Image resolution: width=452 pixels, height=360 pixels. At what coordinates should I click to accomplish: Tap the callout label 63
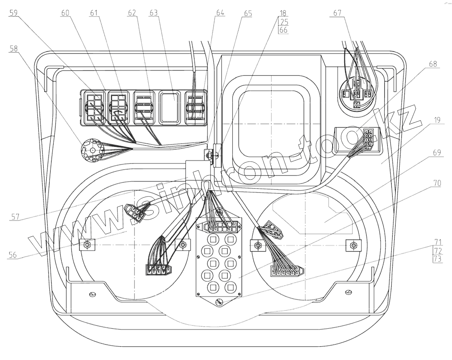(153, 12)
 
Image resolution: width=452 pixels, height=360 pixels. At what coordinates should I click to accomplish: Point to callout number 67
(337, 12)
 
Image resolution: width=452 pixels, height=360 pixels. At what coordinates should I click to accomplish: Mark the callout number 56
(12, 255)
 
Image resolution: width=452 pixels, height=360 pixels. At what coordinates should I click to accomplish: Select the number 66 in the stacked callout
(283, 31)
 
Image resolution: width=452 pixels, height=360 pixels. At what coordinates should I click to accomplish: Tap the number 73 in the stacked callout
(438, 259)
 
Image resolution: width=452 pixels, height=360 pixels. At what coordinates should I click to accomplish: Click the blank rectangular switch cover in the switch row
(173, 107)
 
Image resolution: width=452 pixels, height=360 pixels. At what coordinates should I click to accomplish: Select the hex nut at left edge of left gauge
(87, 245)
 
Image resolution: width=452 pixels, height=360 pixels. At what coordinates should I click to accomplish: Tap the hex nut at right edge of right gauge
(353, 246)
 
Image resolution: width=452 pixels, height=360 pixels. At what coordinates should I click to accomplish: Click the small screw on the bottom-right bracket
(348, 292)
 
